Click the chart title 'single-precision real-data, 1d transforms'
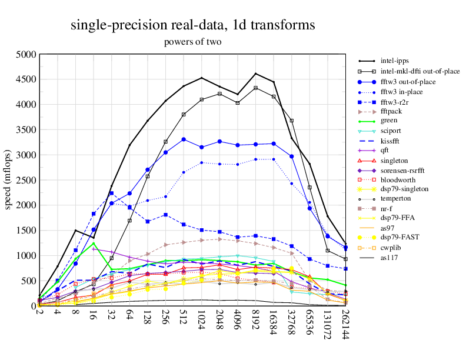pos(192,25)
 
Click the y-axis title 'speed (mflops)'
pos(8,180)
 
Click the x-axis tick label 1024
pos(202,318)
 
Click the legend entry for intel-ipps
pos(394,60)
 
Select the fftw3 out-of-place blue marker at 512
pos(184,139)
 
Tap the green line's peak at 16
pos(94,243)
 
